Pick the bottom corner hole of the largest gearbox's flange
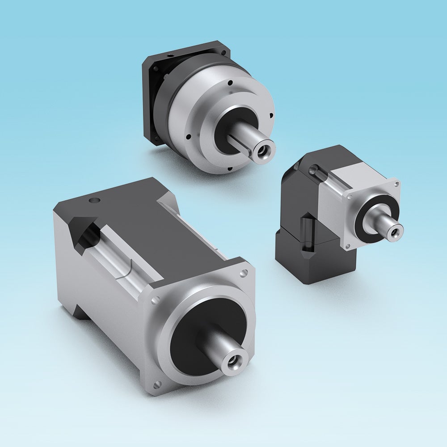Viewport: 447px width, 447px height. click(x=157, y=384)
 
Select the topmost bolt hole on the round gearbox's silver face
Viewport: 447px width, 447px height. click(x=229, y=83)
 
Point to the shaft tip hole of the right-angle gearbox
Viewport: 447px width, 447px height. click(x=395, y=231)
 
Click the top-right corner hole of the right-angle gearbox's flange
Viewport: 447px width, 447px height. click(x=396, y=184)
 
